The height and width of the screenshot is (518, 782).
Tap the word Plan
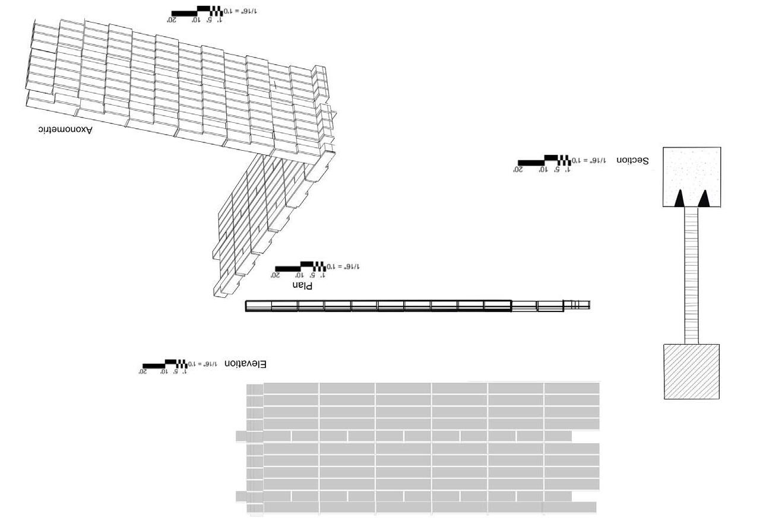pyautogui.click(x=302, y=285)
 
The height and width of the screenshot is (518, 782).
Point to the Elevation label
pyautogui.click(x=245, y=364)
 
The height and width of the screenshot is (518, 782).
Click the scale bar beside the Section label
pyautogui.click(x=543, y=161)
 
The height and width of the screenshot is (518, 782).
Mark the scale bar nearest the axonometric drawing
pyautogui.click(x=197, y=11)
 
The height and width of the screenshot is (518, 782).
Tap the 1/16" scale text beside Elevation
pyautogui.click(x=202, y=364)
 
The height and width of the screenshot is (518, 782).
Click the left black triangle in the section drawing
pyautogui.click(x=679, y=198)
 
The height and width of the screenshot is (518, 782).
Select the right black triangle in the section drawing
pyautogui.click(x=704, y=198)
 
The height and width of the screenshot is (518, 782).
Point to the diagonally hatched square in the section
pyautogui.click(x=691, y=371)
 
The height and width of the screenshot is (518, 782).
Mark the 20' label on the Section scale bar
pyautogui.click(x=518, y=170)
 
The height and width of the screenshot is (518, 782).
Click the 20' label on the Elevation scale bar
pyautogui.click(x=143, y=372)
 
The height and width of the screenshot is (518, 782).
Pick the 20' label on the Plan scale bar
pyautogui.click(x=275, y=275)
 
